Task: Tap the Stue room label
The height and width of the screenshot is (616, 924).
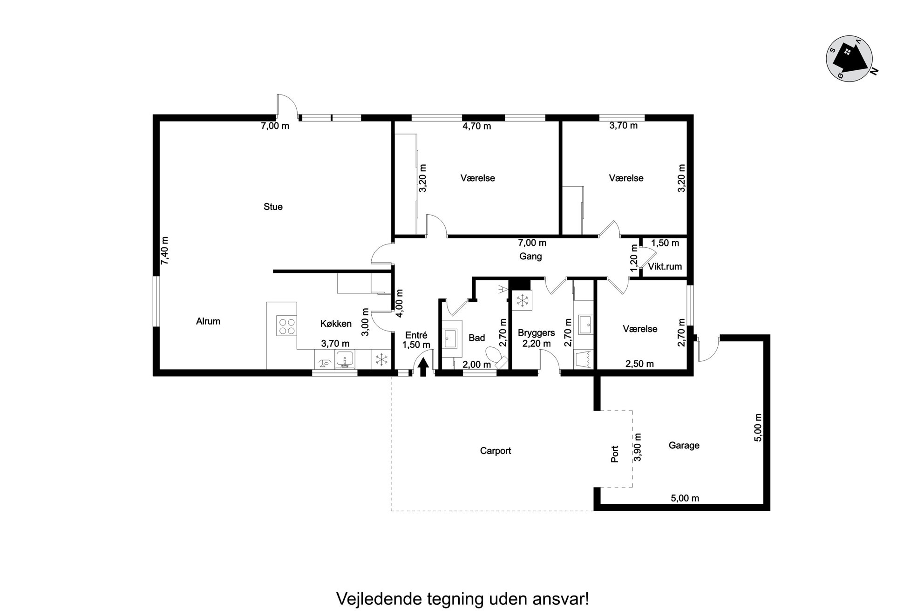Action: point(273,207)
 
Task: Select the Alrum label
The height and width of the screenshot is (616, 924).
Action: point(208,321)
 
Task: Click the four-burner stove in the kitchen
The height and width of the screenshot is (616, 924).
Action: point(286,325)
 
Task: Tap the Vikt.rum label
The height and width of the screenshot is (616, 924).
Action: point(665,267)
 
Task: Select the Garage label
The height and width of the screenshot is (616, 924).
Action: point(684,446)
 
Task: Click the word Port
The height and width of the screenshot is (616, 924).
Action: point(615,454)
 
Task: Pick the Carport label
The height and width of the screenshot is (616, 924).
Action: point(496,451)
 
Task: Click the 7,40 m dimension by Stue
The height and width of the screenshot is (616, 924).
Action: point(165,250)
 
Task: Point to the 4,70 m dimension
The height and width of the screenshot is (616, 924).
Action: point(476,126)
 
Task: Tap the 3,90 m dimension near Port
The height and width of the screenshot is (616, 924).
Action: point(638,447)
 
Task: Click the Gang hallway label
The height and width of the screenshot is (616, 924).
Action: point(530,257)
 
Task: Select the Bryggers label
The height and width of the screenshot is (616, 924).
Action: point(536,333)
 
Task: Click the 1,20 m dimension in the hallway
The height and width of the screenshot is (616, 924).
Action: point(634,258)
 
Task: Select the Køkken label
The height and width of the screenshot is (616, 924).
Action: point(336,324)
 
